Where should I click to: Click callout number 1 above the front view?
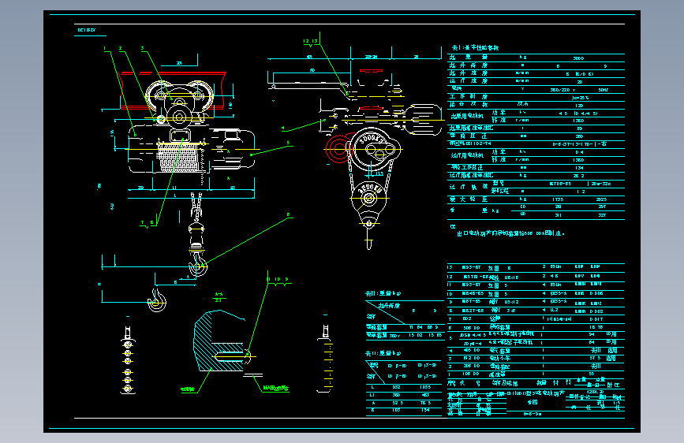[x=103, y=49]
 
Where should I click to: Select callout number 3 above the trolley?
[x=143, y=49]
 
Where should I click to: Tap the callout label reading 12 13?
[x=311, y=40]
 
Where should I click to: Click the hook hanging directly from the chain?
[x=198, y=260]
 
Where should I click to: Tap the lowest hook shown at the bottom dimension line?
[x=157, y=298]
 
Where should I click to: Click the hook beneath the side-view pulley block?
[x=368, y=232]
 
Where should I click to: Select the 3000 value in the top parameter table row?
[x=578, y=58]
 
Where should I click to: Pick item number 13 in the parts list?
[x=450, y=268]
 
